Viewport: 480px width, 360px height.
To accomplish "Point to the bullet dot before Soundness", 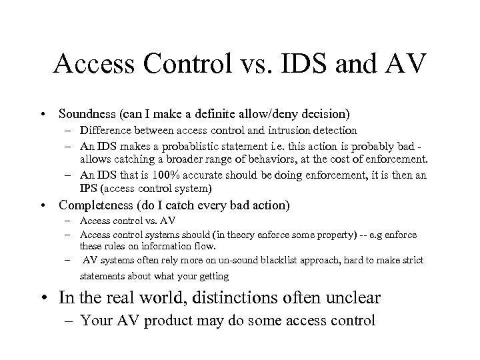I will click(x=43, y=114).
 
